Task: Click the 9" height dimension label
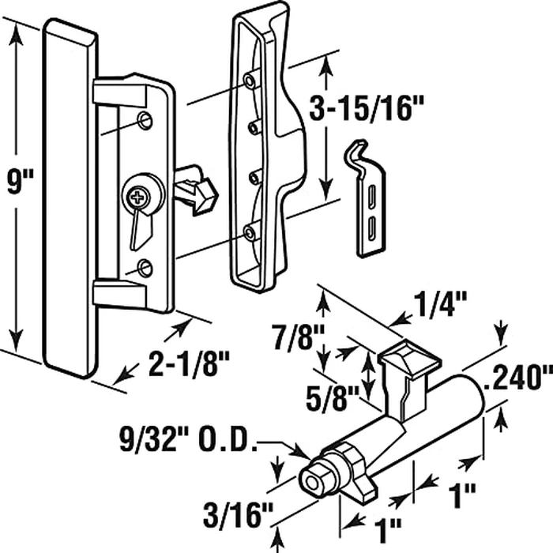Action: [17, 187]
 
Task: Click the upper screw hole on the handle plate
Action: [144, 119]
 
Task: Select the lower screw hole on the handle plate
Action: [143, 269]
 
